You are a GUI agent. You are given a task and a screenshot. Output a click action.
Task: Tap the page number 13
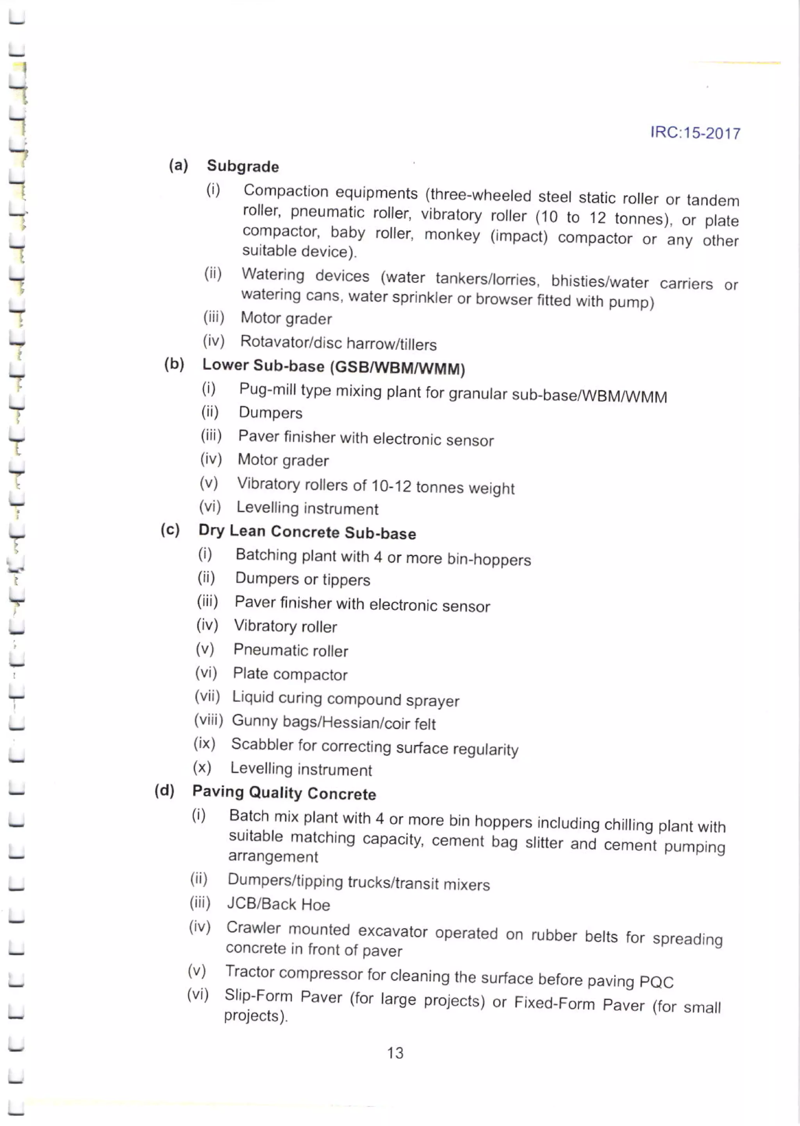click(395, 1052)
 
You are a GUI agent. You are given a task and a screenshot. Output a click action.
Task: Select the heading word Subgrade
click(243, 166)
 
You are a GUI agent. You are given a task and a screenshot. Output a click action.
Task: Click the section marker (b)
click(174, 364)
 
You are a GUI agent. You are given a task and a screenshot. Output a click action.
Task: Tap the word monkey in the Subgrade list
click(452, 235)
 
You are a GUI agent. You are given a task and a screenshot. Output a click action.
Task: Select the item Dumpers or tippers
click(302, 579)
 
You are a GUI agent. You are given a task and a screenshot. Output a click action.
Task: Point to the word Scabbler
click(262, 744)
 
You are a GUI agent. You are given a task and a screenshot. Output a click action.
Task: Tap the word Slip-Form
click(258, 995)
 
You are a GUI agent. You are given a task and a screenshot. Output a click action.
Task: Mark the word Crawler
click(253, 928)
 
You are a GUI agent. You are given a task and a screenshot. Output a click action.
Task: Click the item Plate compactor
click(290, 674)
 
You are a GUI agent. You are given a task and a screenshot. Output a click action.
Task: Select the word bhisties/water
click(599, 281)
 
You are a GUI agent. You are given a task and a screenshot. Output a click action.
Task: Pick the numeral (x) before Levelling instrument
click(202, 767)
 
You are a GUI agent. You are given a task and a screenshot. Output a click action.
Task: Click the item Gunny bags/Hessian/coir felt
click(334, 722)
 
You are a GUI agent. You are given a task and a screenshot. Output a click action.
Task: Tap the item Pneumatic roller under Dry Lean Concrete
click(291, 650)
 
